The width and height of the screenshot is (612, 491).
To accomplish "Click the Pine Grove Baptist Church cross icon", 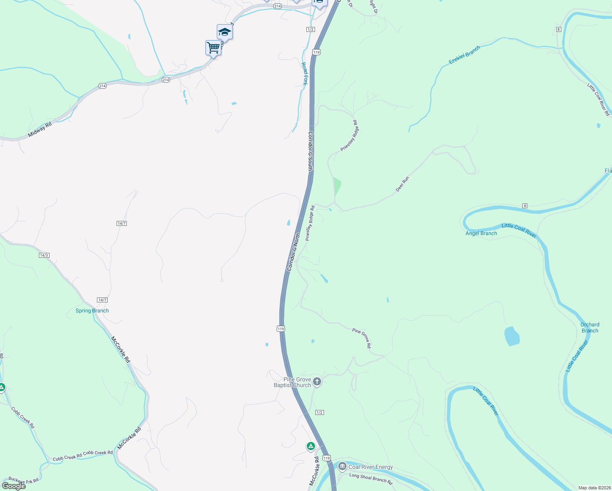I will click(317, 382).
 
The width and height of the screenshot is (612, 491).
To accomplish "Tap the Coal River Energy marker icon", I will click(342, 466).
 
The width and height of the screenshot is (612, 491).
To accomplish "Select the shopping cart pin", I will click(213, 48).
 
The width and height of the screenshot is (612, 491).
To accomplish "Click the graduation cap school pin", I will click(225, 32).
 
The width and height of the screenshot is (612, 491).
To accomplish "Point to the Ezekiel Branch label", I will click(464, 55).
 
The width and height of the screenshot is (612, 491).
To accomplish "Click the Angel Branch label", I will click(481, 233).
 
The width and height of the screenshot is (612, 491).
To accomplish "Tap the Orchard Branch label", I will click(589, 327).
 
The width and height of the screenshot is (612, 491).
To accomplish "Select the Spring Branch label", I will click(92, 311).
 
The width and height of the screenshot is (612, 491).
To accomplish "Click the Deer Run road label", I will click(402, 184).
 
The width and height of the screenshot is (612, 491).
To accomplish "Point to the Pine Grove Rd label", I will click(362, 338).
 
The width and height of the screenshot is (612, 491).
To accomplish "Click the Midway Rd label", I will click(40, 129).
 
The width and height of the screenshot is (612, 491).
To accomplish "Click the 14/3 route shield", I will click(44, 255).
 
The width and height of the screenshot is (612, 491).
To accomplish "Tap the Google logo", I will click(14, 486).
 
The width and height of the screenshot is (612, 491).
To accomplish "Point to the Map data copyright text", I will click(594, 488).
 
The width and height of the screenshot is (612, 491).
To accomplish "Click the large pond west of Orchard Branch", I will click(512, 336).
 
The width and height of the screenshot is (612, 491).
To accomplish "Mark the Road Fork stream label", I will click(304, 74).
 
